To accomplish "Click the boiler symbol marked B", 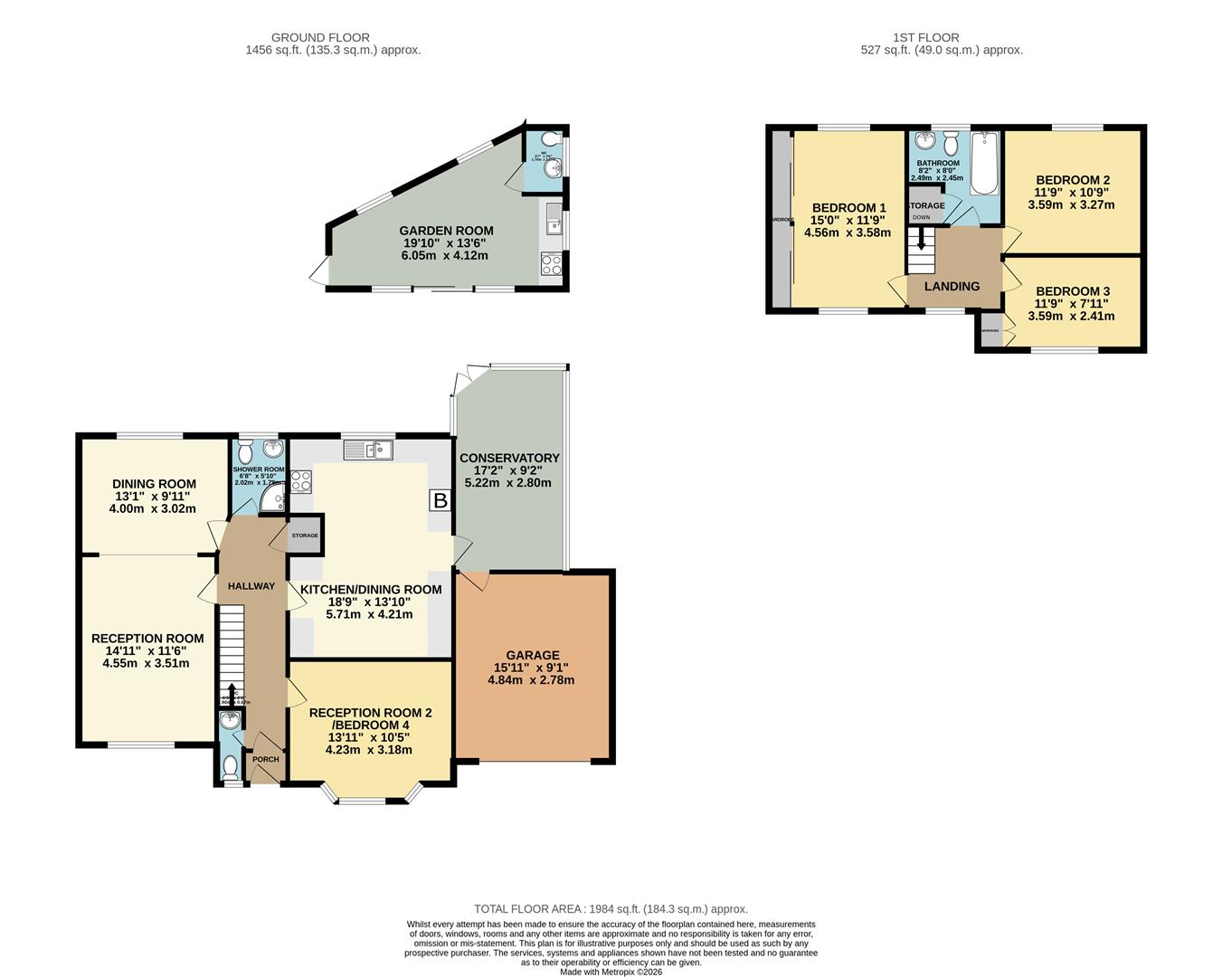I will (x=440, y=500).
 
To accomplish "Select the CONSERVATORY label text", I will (x=509, y=458).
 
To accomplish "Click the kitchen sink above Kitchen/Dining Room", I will (x=367, y=449).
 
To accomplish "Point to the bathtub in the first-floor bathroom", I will (x=984, y=164).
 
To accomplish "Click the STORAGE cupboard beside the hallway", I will (x=305, y=536).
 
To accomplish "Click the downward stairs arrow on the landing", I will (x=921, y=240).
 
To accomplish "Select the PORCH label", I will (x=266, y=759).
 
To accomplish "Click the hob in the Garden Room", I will (x=551, y=263).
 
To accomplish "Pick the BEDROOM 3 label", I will (x=1072, y=291).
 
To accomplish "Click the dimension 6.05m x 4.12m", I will (x=444, y=255).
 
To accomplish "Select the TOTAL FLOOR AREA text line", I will (x=611, y=908).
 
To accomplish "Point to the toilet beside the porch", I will (x=231, y=767).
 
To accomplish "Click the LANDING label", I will (x=952, y=286).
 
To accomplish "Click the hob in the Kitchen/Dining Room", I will (x=300, y=481).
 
